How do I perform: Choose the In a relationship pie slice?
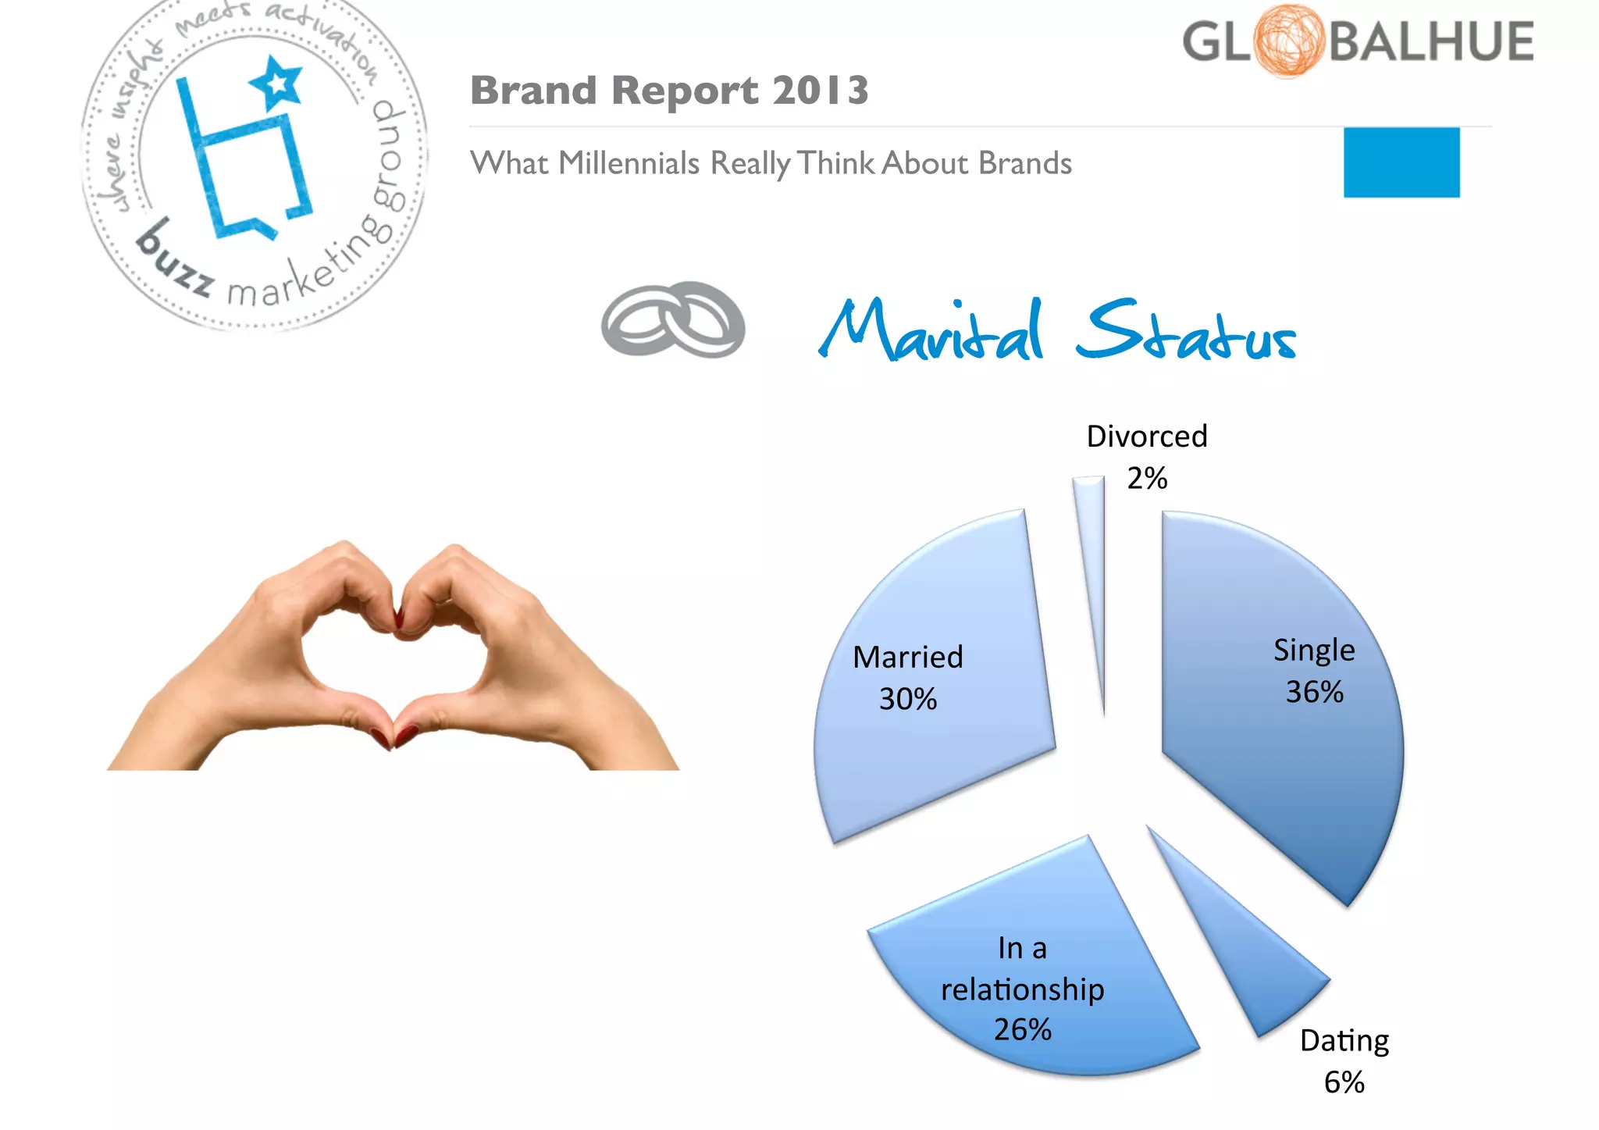pyautogui.click(x=1038, y=961)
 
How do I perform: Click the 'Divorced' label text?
pyautogui.click(x=1147, y=437)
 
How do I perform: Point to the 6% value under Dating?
pyautogui.click(x=1344, y=1082)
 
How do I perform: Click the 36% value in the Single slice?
pyautogui.click(x=1314, y=692)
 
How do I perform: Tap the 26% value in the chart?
pyautogui.click(x=1022, y=1030)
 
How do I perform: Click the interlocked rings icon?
pyautogui.click(x=673, y=321)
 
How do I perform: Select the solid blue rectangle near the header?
pyautogui.click(x=1401, y=162)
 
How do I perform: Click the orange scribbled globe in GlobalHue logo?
pyautogui.click(x=1288, y=41)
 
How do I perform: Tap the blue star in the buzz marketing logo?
pyautogui.click(x=276, y=83)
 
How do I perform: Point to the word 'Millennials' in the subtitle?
pyautogui.click(x=629, y=164)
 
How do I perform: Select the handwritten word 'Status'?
pyautogui.click(x=1185, y=332)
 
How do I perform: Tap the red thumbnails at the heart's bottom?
pyautogui.click(x=394, y=736)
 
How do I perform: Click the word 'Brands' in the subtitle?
pyautogui.click(x=1025, y=164)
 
